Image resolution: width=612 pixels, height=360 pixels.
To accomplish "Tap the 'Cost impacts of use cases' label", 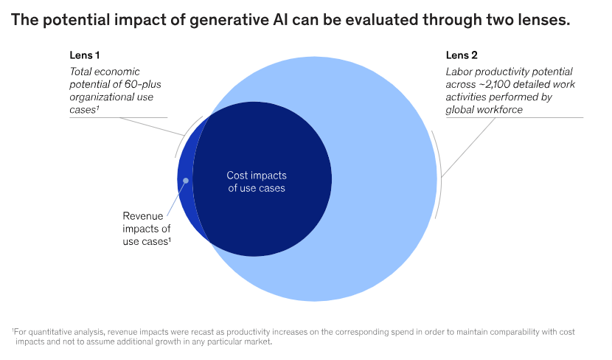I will click(x=256, y=182).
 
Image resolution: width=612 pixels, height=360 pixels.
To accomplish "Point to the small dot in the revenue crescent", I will click(x=186, y=180).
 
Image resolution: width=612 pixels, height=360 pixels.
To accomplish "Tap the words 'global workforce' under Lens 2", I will click(x=484, y=110).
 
